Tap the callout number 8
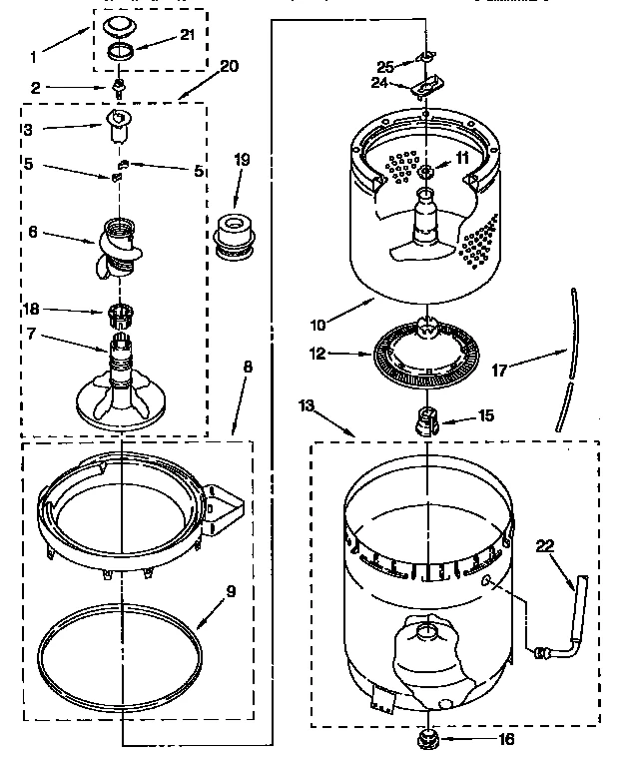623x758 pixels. (x=248, y=367)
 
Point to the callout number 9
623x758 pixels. (x=231, y=590)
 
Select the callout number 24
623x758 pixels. (x=378, y=84)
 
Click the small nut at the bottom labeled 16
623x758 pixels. (x=431, y=739)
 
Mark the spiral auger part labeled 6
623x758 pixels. (x=119, y=248)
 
